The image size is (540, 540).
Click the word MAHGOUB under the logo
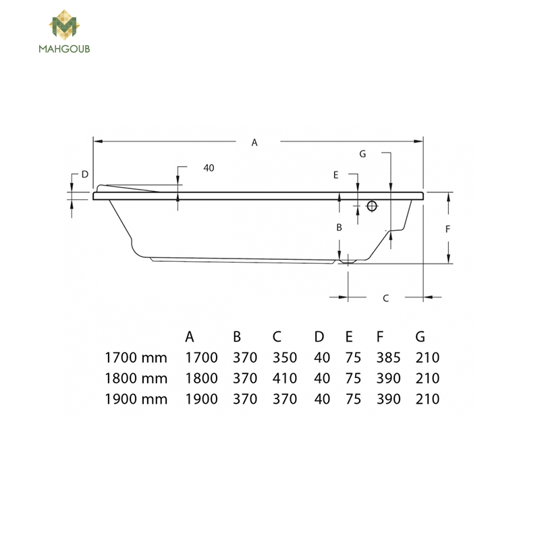(65, 49)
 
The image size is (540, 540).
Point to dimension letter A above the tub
(254, 142)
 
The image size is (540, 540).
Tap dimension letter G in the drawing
(362, 154)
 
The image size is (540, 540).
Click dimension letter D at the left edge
(84, 174)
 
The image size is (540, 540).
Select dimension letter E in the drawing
(335, 175)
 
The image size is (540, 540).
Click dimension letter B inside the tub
(340, 228)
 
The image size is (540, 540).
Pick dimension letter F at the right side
(448, 229)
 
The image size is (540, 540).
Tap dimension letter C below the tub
(385, 298)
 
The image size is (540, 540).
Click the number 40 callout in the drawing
(209, 168)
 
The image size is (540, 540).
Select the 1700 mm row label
(136, 358)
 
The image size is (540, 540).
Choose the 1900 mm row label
(136, 399)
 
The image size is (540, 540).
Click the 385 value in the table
(389, 358)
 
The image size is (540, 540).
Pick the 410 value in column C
(285, 379)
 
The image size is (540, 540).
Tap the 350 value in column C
(285, 358)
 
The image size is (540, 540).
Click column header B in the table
(237, 337)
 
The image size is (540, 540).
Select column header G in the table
(421, 337)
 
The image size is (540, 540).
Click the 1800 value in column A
(201, 379)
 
